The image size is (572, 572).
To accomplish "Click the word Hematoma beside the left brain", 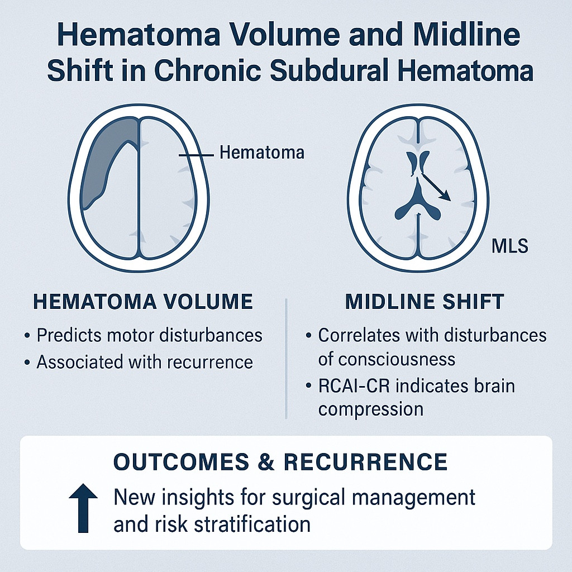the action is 261,152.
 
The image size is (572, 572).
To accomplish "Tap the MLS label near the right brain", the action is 509,246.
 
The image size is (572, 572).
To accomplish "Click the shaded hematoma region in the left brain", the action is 106,157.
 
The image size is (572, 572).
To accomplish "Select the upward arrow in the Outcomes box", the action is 83,508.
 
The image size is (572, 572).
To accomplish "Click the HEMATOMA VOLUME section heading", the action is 143,302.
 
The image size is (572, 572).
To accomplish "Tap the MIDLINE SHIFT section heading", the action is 425,302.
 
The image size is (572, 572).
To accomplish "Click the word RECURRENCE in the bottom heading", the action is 365,461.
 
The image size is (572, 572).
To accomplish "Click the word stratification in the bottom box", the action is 252,525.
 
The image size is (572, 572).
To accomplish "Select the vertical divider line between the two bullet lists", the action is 287,359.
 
